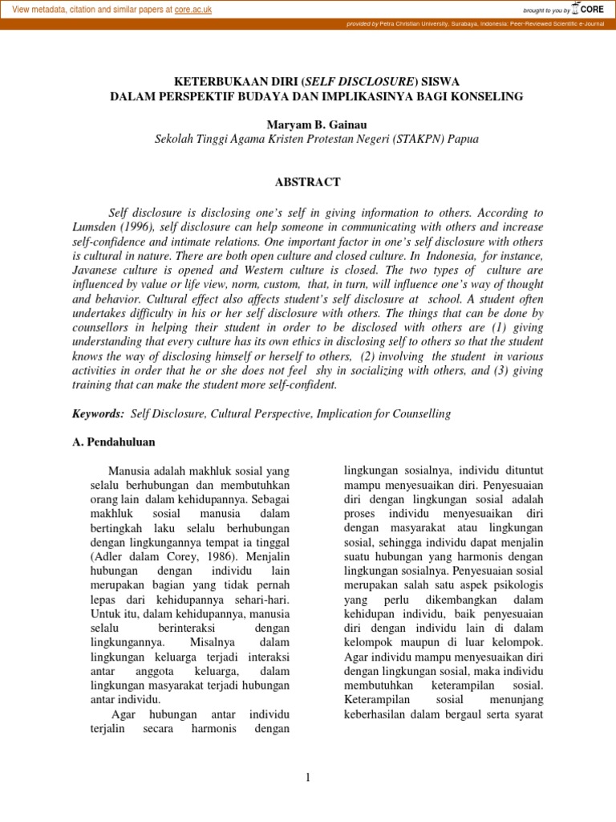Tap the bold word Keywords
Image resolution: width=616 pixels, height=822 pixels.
click(x=98, y=413)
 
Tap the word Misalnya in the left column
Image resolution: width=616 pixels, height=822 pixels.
click(x=212, y=642)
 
